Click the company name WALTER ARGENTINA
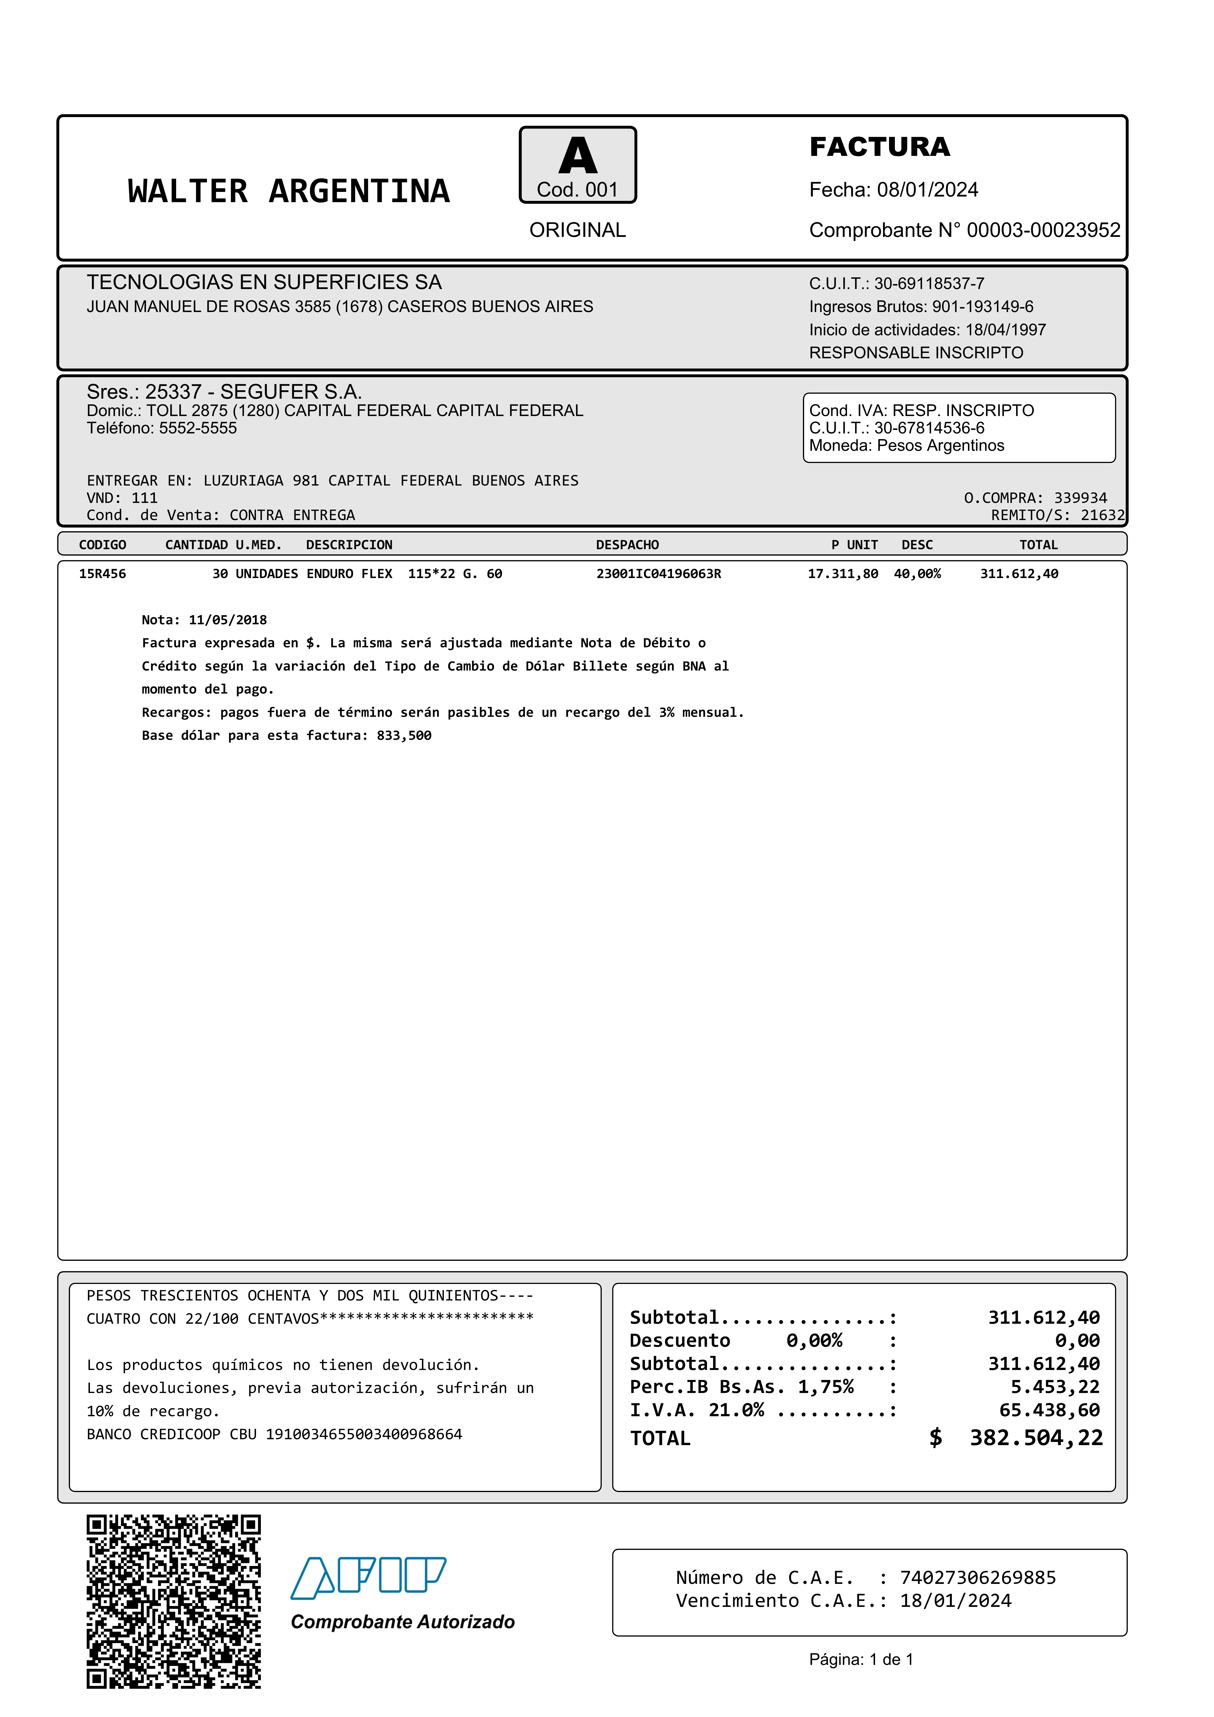[289, 191]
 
